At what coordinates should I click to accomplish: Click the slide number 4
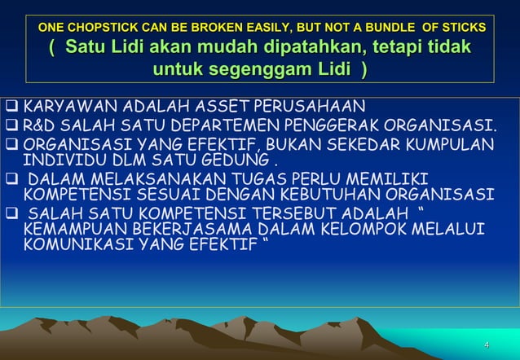[x=487, y=345]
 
